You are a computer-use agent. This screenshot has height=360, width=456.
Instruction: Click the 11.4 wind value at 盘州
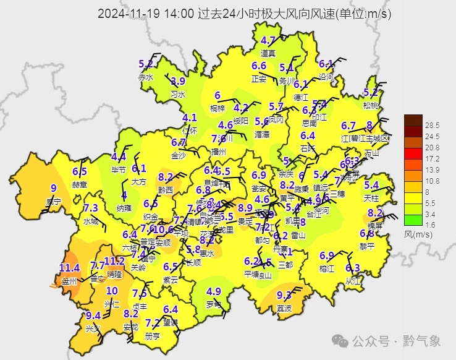[x=70, y=268]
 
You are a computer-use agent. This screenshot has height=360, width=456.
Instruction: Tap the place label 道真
[x=268, y=53]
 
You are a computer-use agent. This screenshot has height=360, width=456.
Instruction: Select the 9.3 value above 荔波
[x=284, y=295]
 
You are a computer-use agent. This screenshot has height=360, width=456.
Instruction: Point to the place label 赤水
[x=145, y=77]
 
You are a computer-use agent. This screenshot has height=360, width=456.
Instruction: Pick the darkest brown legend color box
[x=413, y=120]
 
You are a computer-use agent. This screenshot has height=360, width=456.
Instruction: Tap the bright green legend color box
[x=413, y=218]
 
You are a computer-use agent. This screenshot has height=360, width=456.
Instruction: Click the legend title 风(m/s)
[x=418, y=234]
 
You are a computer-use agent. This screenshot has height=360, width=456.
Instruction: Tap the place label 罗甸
[x=214, y=304]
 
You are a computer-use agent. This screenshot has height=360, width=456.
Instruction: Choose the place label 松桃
[x=371, y=105]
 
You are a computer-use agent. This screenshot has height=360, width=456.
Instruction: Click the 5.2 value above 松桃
[x=371, y=92]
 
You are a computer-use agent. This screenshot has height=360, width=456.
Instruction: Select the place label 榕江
[x=326, y=268]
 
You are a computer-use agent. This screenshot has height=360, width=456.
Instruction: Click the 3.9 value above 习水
[x=178, y=81]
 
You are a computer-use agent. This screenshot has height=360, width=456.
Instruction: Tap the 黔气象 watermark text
[x=421, y=341]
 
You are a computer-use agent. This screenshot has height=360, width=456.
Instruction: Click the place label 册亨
[x=152, y=336]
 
